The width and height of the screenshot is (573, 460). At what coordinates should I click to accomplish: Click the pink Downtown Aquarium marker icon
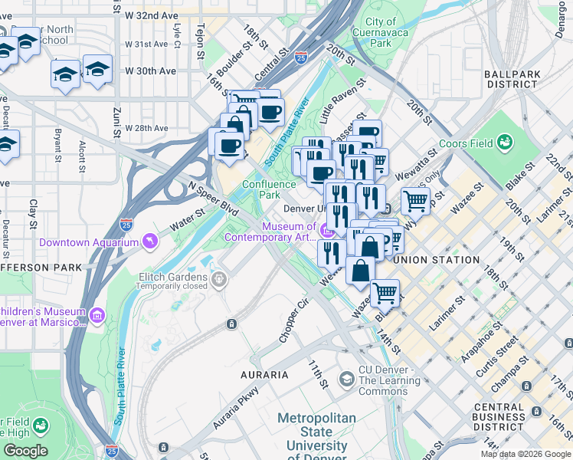pyautogui.click(x=149, y=242)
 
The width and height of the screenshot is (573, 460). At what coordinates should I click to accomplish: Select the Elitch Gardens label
pyautogui.click(x=173, y=277)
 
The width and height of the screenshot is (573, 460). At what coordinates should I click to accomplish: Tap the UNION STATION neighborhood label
pyautogui.click(x=436, y=260)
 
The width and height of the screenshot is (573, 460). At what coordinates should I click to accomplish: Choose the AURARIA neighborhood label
pyautogui.click(x=264, y=375)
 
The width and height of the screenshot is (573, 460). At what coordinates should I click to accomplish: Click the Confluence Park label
pyautogui.click(x=269, y=189)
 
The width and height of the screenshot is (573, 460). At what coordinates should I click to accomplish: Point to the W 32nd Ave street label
pyautogui.click(x=152, y=15)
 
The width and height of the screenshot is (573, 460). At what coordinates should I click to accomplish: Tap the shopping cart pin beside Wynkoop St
pyautogui.click(x=415, y=202)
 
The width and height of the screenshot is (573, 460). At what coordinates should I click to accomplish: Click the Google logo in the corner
pyautogui.click(x=25, y=451)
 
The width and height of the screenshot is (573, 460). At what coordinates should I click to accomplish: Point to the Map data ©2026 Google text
pyautogui.click(x=526, y=454)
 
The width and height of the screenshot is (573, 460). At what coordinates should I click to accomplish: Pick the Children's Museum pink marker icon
pyautogui.click(x=97, y=316)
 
